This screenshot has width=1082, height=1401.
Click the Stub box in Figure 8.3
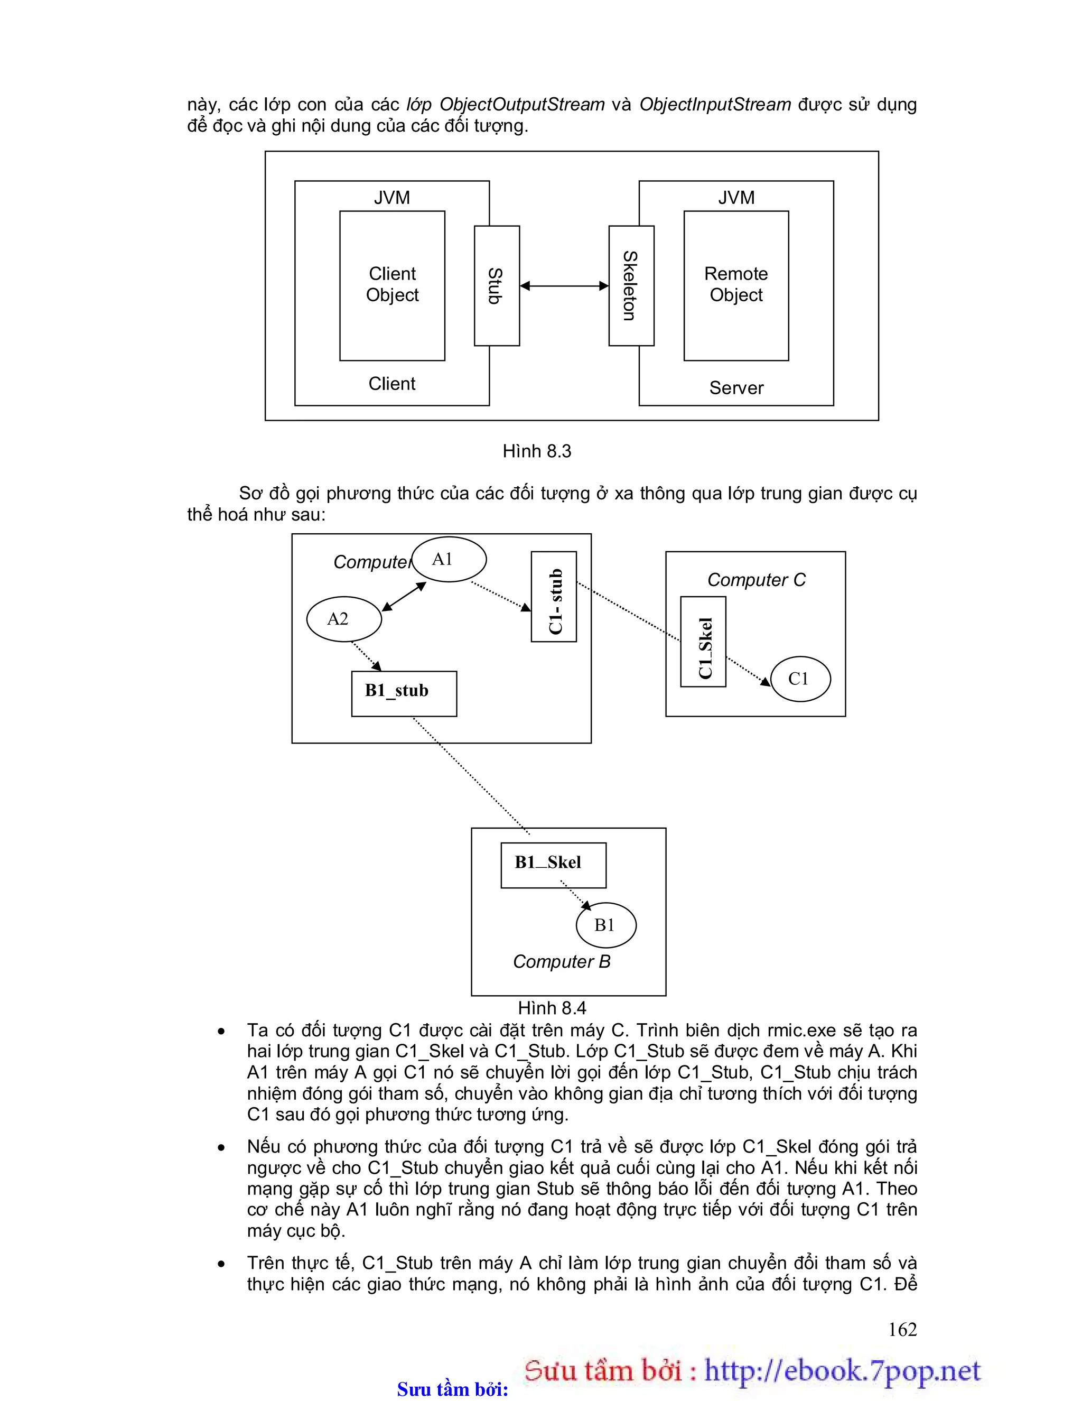[497, 285]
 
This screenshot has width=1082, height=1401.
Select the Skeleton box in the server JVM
[631, 285]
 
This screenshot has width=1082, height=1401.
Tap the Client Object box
[392, 285]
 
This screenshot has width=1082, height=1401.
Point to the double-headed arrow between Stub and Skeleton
[564, 285]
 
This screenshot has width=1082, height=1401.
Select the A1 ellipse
[449, 559]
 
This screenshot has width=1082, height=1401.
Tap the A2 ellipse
[344, 619]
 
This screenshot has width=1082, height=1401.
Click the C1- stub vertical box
[554, 597]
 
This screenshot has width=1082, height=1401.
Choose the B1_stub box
[404, 693]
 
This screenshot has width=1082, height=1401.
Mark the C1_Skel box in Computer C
[703, 642]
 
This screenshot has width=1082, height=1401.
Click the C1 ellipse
[800, 679]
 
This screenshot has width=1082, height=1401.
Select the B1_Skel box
[553, 865]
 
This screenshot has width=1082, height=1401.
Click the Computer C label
[756, 580]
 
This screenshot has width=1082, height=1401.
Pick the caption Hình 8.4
[552, 1008]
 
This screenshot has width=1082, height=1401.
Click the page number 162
[902, 1329]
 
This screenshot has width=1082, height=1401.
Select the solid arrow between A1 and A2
[404, 597]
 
